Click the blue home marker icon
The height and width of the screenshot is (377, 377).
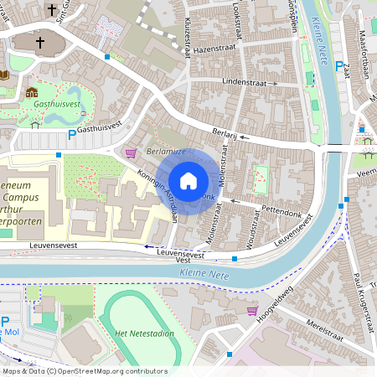click(x=188, y=180)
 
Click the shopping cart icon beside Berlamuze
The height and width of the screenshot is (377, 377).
click(x=130, y=153)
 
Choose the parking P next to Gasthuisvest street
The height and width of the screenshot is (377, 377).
click(x=72, y=134)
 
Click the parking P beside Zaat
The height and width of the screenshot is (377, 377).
click(x=338, y=66)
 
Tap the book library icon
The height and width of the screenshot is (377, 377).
click(x=4, y=75)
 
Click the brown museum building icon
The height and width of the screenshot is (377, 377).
click(x=32, y=91)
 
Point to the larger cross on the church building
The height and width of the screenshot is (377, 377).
click(x=39, y=42)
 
